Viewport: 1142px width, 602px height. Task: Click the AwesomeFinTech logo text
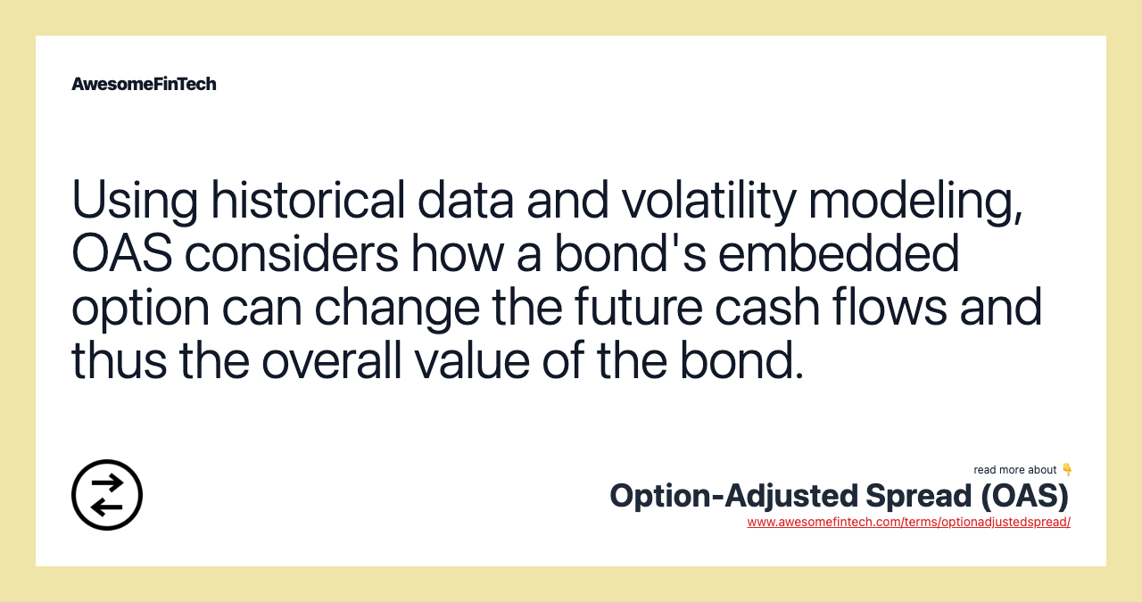pos(144,84)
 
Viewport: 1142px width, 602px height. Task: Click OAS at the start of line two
pos(121,254)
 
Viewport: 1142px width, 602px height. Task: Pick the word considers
pos(292,254)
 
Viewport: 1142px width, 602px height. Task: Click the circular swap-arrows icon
pos(107,495)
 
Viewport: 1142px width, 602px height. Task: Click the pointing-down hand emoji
pos(1067,470)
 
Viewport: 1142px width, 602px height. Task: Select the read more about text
pos(1014,470)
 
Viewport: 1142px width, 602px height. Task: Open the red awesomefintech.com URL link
pos(908,523)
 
